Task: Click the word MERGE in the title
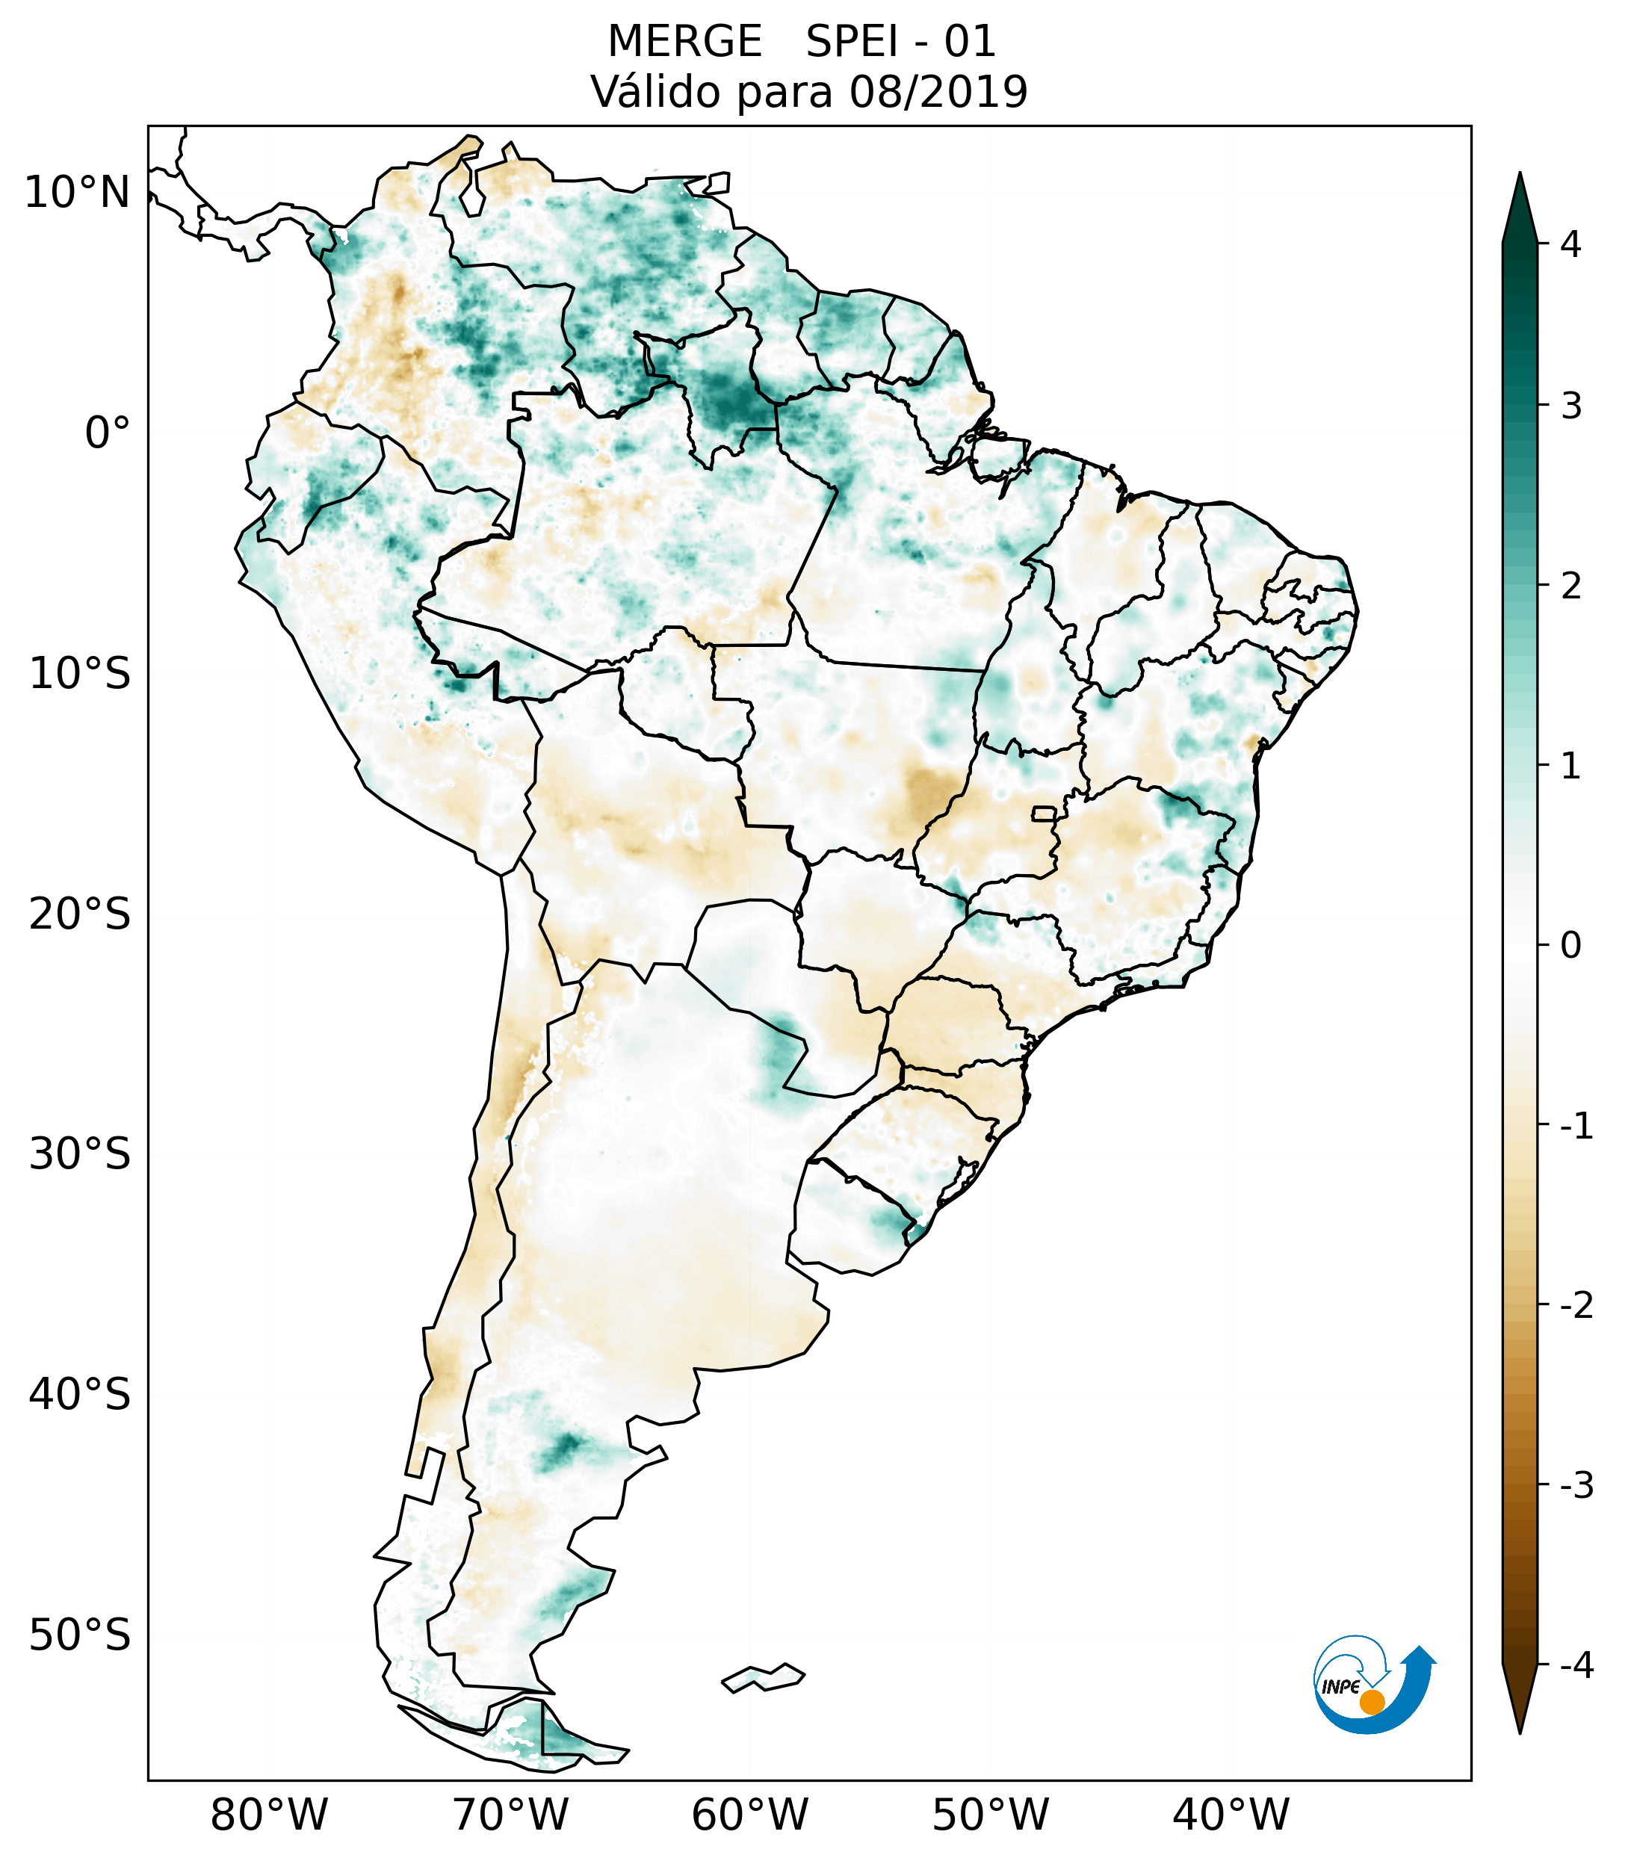[x=684, y=42]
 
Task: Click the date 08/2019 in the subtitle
[x=938, y=92]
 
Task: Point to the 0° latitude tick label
[x=107, y=433]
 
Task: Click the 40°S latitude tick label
[x=80, y=1395]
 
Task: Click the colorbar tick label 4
[x=1571, y=244]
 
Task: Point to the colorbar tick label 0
[x=1571, y=946]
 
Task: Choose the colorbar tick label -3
[x=1576, y=1486]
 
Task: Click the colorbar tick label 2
[x=1571, y=586]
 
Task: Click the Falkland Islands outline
[x=763, y=1677]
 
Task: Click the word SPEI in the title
[x=851, y=42]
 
